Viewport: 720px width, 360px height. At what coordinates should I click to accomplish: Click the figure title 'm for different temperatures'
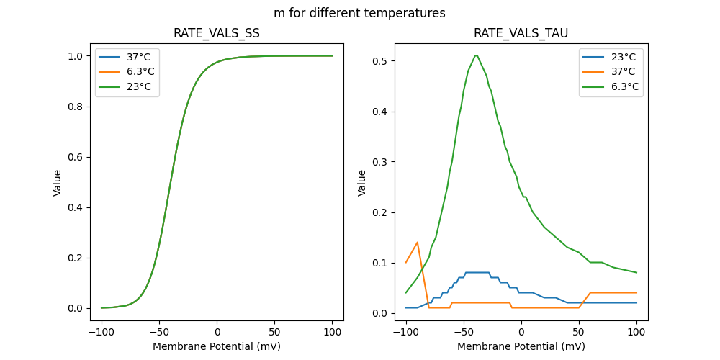[359, 13]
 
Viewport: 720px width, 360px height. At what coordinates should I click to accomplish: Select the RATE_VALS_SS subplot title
[216, 33]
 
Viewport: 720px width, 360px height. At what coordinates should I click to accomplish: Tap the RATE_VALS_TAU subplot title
[521, 33]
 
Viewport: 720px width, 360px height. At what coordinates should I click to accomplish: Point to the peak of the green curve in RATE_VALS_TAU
[476, 55]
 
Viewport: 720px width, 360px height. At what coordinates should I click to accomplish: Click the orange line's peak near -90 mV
[418, 242]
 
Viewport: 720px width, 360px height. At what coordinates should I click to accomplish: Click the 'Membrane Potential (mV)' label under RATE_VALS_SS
[217, 346]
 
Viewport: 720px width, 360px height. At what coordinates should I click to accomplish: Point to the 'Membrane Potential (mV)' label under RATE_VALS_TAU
[521, 346]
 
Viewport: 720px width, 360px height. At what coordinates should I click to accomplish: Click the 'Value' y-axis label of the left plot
[57, 182]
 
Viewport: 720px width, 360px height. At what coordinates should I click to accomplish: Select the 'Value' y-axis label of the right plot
[362, 182]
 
